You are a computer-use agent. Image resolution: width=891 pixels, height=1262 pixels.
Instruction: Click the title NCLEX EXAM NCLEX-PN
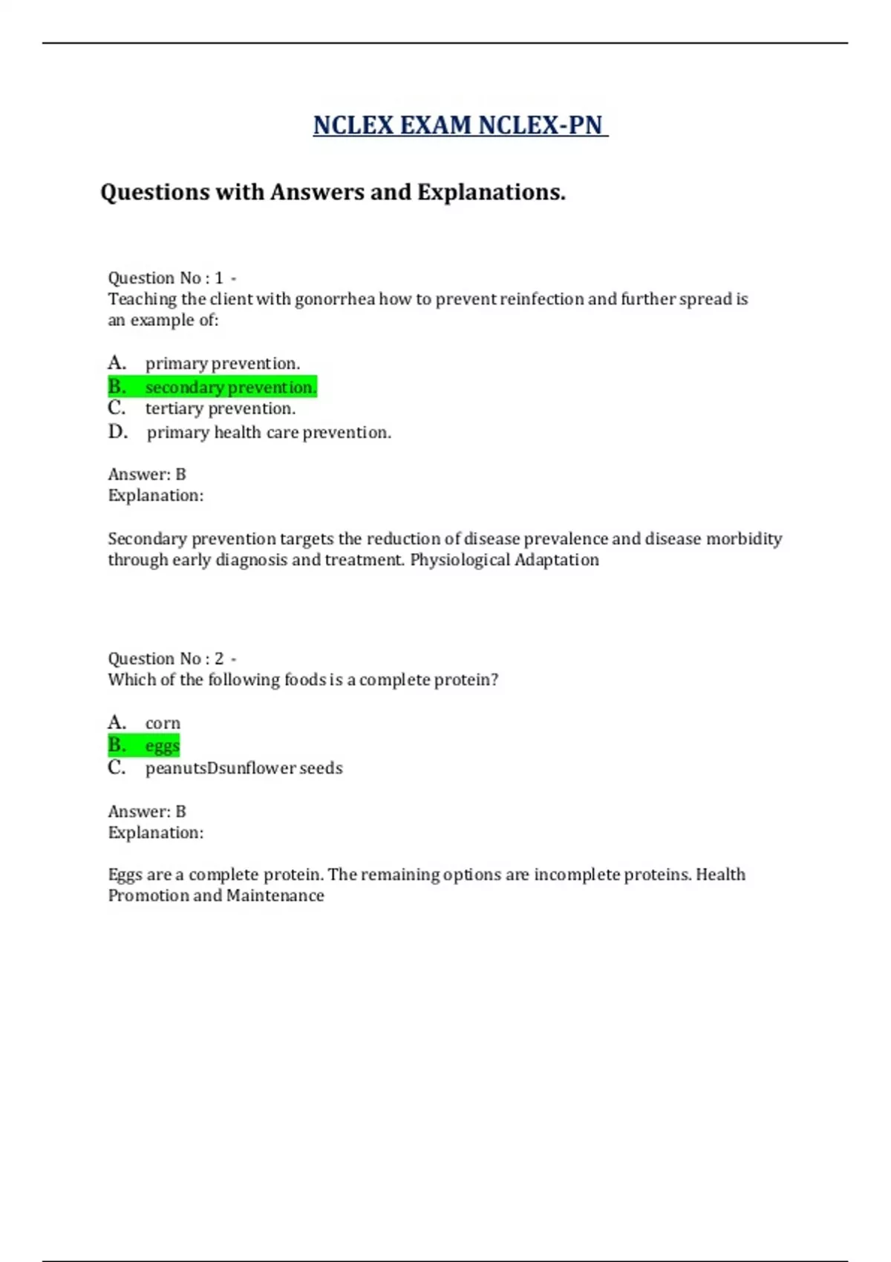pyautogui.click(x=459, y=125)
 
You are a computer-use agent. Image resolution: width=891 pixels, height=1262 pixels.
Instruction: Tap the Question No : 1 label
pyautogui.click(x=166, y=278)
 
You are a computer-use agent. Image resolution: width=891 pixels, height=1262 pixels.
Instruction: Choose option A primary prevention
pyautogui.click(x=222, y=364)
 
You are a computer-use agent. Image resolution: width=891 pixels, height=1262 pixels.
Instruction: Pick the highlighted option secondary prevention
pyautogui.click(x=230, y=388)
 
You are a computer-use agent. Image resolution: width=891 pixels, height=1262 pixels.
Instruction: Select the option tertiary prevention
pyautogui.click(x=220, y=409)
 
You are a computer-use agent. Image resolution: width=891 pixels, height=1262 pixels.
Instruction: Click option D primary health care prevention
pyautogui.click(x=268, y=433)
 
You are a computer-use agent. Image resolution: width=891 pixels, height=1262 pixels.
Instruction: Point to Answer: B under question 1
pyautogui.click(x=147, y=474)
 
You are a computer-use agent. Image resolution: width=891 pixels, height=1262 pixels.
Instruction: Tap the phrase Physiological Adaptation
pyautogui.click(x=504, y=560)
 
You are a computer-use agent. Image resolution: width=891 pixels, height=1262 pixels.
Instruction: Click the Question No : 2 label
pyautogui.click(x=166, y=659)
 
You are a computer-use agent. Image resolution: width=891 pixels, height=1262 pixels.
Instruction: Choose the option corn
pyautogui.click(x=163, y=724)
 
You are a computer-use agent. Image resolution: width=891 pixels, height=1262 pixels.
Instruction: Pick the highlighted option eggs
pyautogui.click(x=162, y=745)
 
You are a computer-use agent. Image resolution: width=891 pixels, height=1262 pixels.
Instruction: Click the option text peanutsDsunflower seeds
pyautogui.click(x=244, y=768)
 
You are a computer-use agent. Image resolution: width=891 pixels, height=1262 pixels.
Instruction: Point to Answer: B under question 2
pyautogui.click(x=147, y=812)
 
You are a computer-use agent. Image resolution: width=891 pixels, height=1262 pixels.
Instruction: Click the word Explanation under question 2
pyautogui.click(x=155, y=833)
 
